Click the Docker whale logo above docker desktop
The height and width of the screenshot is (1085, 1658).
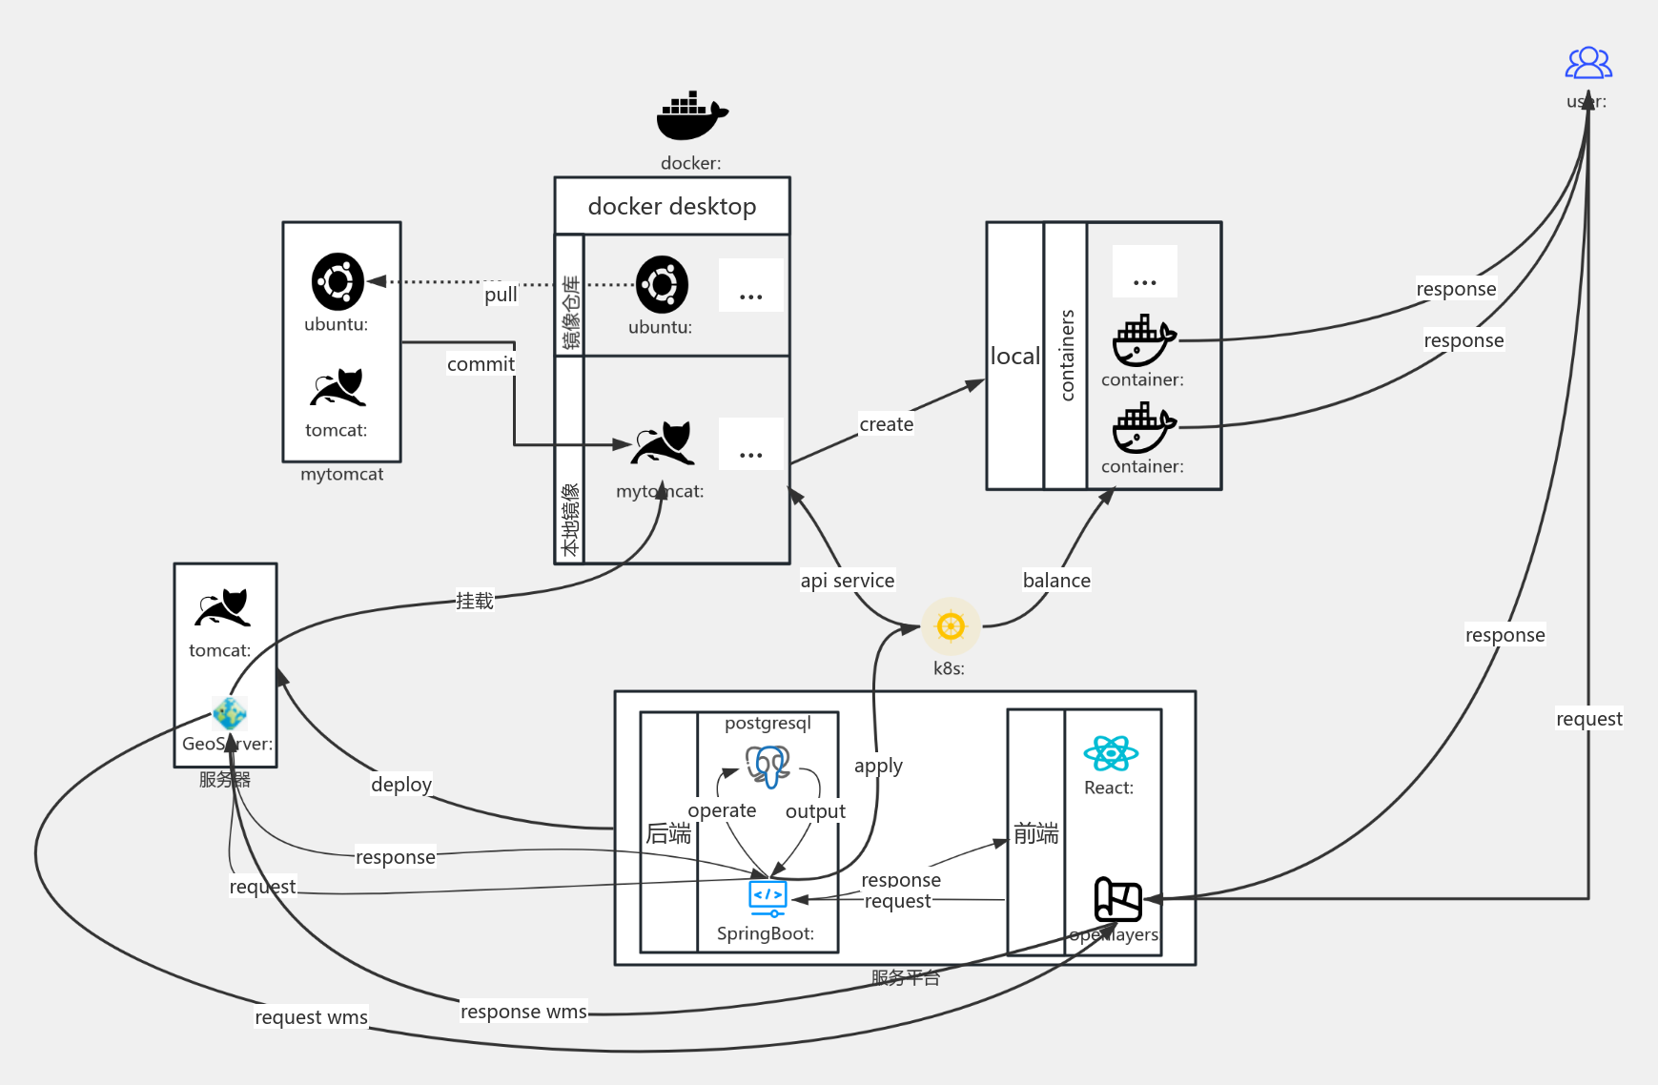pyautogui.click(x=691, y=115)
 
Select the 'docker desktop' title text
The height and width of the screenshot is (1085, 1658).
pyautogui.click(x=671, y=206)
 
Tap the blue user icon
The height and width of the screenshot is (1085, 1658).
pyautogui.click(x=1588, y=63)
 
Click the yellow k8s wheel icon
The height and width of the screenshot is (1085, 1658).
pyautogui.click(x=951, y=626)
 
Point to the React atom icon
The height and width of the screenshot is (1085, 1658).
pyautogui.click(x=1111, y=753)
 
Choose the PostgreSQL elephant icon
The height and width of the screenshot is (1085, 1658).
pyautogui.click(x=768, y=765)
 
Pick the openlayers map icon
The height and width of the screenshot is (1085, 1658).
pyautogui.click(x=1117, y=898)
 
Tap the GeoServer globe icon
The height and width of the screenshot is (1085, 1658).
pyautogui.click(x=230, y=712)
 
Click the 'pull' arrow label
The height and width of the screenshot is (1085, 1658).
pyautogui.click(x=501, y=295)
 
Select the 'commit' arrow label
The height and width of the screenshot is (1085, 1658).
pyautogui.click(x=481, y=364)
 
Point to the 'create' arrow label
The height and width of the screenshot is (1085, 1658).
pyautogui.click(x=886, y=424)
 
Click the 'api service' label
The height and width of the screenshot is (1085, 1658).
pyautogui.click(x=847, y=581)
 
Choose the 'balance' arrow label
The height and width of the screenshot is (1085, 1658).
pyautogui.click(x=1056, y=581)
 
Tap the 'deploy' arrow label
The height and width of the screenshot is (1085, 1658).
pyautogui.click(x=401, y=785)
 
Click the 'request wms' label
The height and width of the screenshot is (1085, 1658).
pyautogui.click(x=311, y=1017)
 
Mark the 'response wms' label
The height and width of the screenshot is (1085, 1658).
pyautogui.click(x=523, y=1012)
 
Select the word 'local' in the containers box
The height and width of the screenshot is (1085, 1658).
pyautogui.click(x=1014, y=357)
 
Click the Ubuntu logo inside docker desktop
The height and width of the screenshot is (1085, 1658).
pyautogui.click(x=662, y=284)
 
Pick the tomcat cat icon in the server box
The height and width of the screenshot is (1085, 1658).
pyautogui.click(x=223, y=607)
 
